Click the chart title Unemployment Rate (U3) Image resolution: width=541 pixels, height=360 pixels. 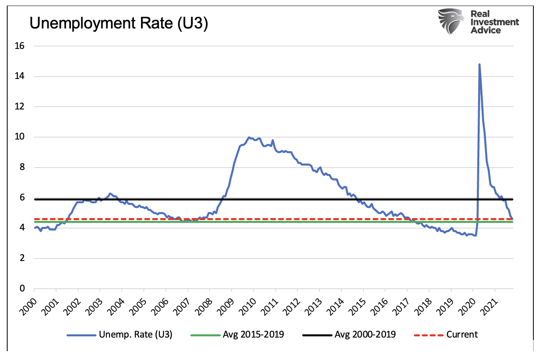(119, 23)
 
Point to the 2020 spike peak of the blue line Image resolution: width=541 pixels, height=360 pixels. (479, 64)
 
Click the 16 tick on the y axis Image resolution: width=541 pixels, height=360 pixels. (19, 46)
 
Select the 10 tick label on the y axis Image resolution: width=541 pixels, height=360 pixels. (19, 137)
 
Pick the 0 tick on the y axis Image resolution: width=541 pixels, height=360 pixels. (22, 289)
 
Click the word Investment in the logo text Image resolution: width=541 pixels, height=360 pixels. (495, 22)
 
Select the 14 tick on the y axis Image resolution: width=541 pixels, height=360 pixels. (19, 76)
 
